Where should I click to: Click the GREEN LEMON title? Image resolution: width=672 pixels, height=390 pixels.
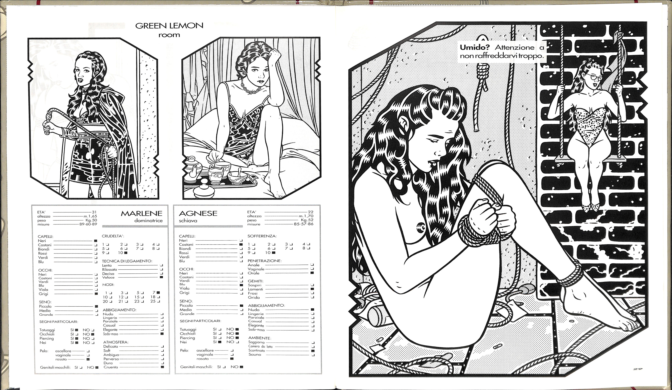[x=169, y=26]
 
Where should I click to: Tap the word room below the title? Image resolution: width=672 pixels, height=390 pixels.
[x=169, y=35]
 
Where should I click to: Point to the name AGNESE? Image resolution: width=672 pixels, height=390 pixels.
[x=198, y=213]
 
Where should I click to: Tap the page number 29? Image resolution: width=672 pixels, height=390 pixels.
[x=638, y=369]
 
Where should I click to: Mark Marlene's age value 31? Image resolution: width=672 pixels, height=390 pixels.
[x=94, y=212]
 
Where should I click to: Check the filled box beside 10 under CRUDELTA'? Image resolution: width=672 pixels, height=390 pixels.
[x=126, y=253]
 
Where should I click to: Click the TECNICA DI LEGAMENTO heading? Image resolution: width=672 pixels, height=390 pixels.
[x=127, y=261]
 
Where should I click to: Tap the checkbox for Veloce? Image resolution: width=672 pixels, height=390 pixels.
[x=161, y=277]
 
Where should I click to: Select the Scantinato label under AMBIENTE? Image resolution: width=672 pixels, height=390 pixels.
[x=257, y=351]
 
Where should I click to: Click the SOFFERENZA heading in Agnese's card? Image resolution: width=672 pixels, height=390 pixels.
[x=262, y=236]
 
